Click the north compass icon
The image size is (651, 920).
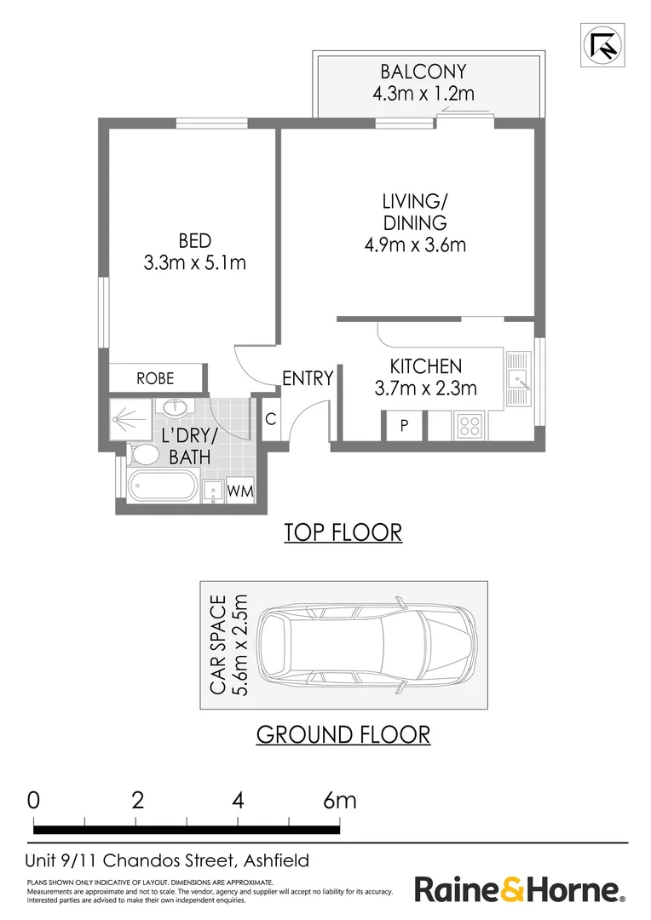[601, 44]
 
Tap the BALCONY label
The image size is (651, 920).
[423, 72]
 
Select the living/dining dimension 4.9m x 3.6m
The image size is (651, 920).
[413, 245]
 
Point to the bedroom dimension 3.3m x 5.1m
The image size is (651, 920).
[195, 263]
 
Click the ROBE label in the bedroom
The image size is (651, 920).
[155, 378]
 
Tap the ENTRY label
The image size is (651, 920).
[307, 378]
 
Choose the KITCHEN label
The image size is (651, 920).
[425, 367]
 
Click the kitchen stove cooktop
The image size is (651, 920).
[470, 424]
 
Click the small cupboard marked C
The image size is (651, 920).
[270, 419]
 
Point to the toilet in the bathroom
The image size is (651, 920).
[143, 456]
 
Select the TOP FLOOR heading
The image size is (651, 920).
[343, 532]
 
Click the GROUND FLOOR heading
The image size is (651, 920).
[343, 733]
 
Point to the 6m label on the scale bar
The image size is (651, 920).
[340, 801]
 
